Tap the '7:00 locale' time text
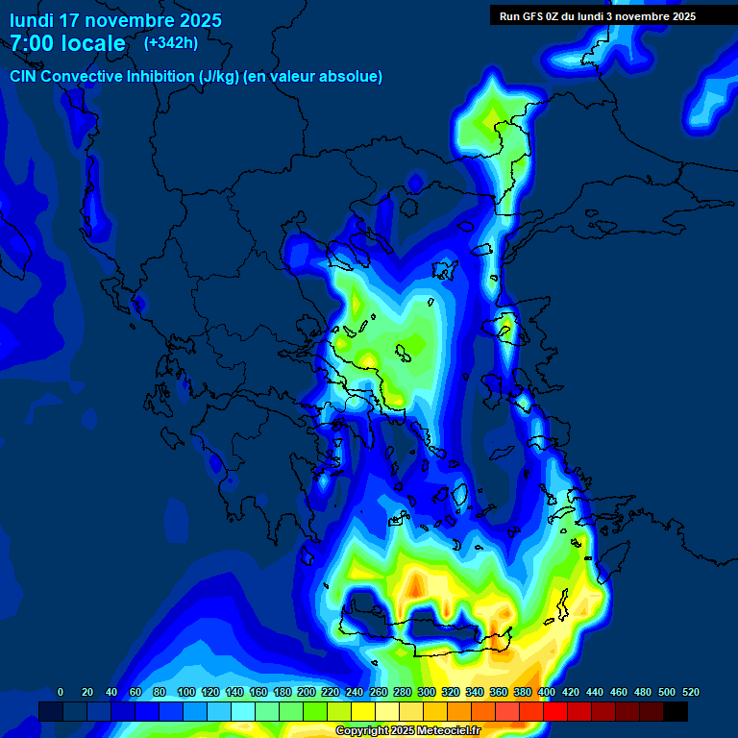(67, 43)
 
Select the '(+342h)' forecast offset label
(171, 43)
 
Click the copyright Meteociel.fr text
(408, 731)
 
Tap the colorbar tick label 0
(61, 692)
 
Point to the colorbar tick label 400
(547, 692)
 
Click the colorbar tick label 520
(690, 692)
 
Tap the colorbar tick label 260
(379, 692)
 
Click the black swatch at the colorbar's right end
(676, 711)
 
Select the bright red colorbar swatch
(555, 711)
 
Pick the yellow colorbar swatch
(363, 711)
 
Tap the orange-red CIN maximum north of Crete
(415, 583)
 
